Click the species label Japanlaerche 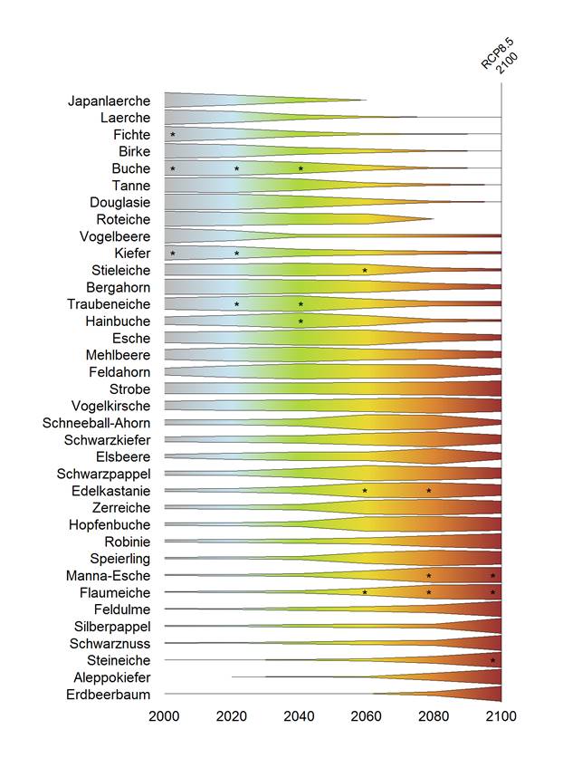pos(110,101)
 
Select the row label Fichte pos(130,135)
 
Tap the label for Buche pos(131,168)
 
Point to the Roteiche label pos(123,219)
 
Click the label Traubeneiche pos(109,304)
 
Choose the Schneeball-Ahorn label pos(97,423)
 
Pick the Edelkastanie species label pos(110,491)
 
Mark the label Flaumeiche pos(116,592)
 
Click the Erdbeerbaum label pos(109,695)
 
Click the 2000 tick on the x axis pos(165,716)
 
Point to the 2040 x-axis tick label pos(299,716)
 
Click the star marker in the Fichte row pos(173,135)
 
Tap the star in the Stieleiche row pos(365,271)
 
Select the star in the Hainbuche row pos(301,321)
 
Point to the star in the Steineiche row pos(493,660)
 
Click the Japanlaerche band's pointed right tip pos(366,101)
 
